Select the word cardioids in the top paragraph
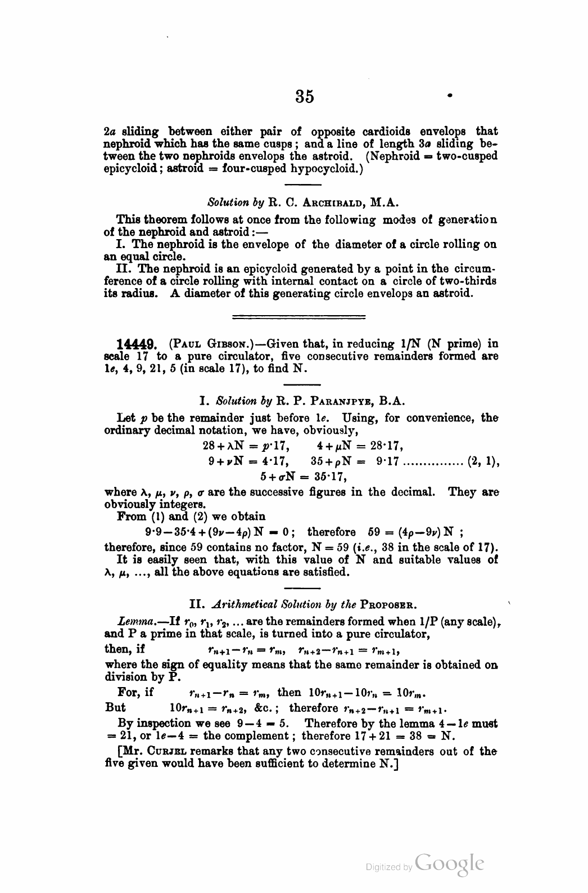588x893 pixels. point(405,131)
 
